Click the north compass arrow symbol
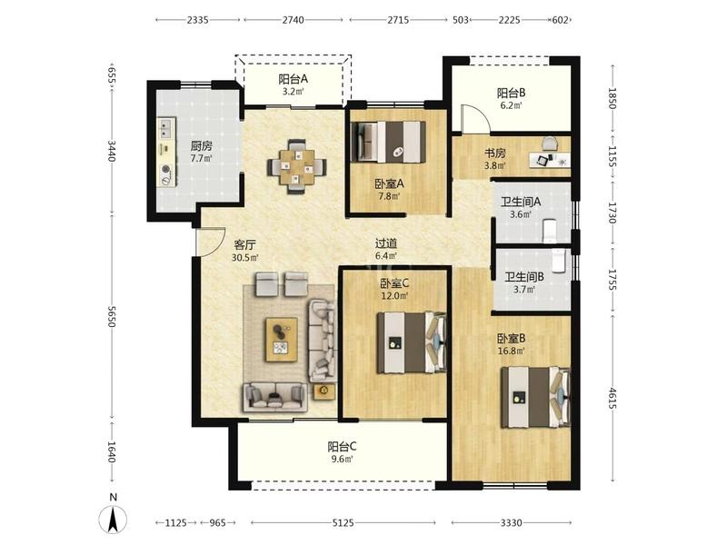(x=113, y=519)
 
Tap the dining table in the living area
(x=296, y=166)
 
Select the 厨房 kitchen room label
(x=201, y=146)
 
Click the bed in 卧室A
(x=389, y=142)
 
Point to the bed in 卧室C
(x=412, y=342)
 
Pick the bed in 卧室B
(x=535, y=397)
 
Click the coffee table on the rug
(x=282, y=340)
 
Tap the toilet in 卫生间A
(x=549, y=231)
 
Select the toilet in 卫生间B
(x=559, y=260)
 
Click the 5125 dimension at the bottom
(x=344, y=523)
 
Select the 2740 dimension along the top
(x=293, y=20)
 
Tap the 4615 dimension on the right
(x=612, y=399)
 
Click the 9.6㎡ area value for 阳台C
(x=344, y=460)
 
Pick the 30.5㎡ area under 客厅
(x=245, y=258)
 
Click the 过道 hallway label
(x=385, y=243)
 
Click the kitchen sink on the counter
(x=165, y=128)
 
